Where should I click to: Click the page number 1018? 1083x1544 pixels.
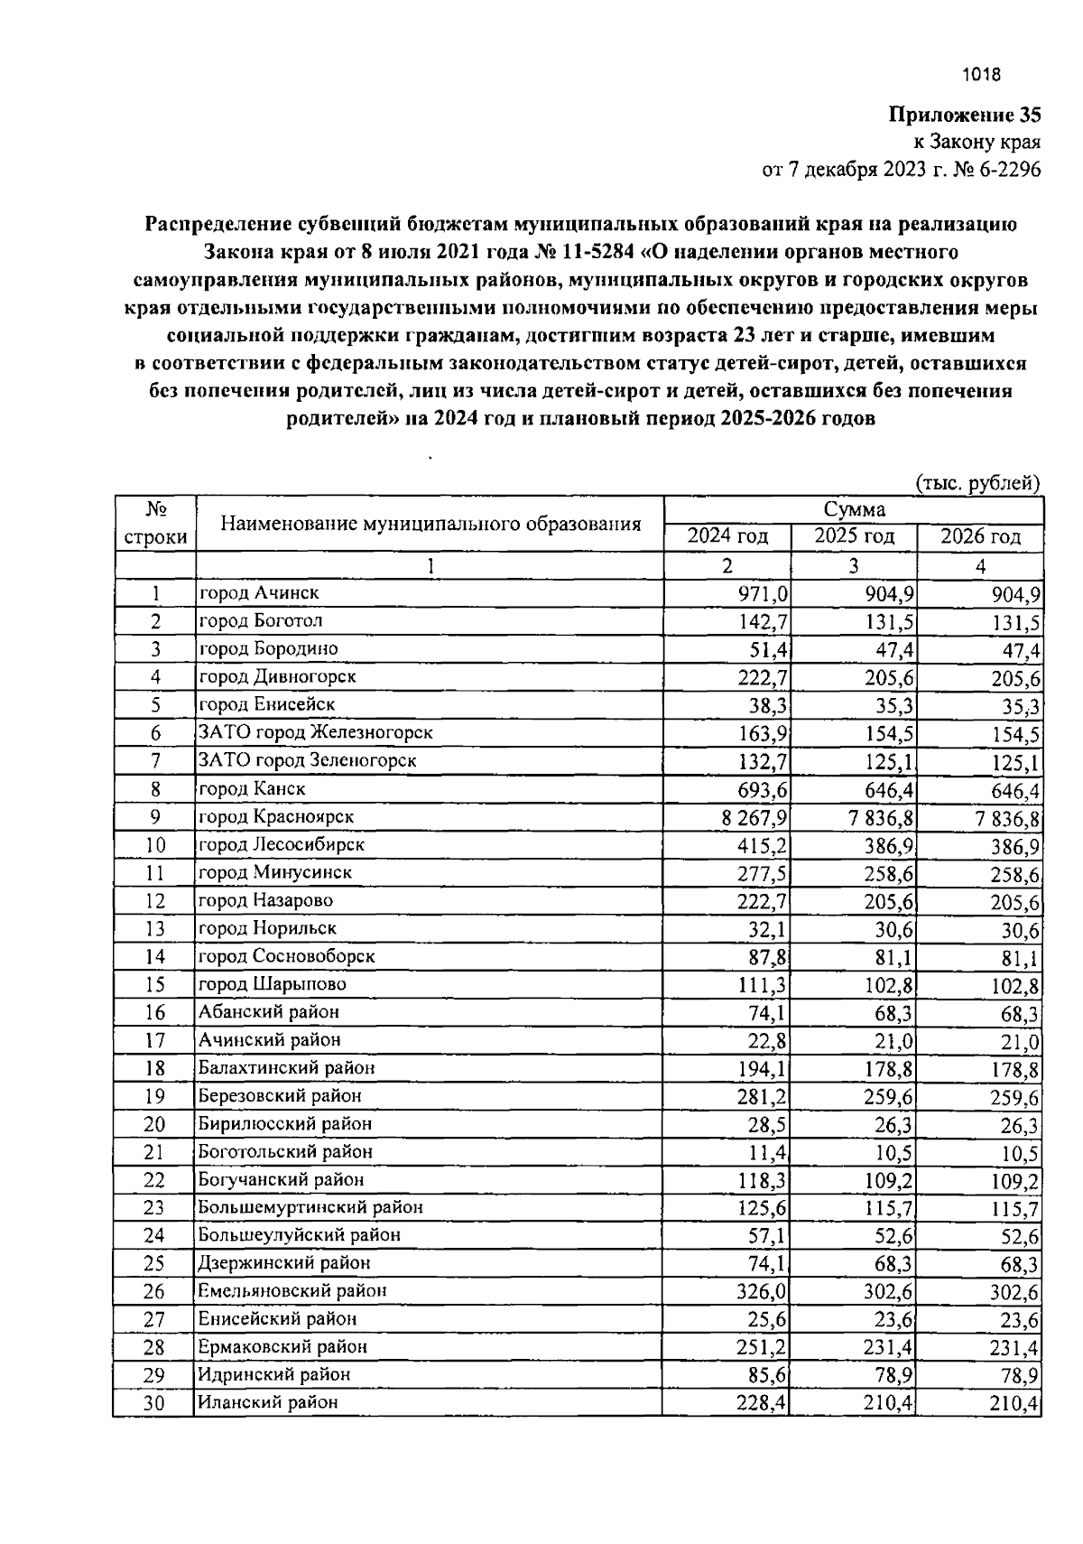982,76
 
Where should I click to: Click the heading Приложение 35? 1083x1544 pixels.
965,115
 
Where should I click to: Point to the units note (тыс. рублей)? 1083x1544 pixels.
978,483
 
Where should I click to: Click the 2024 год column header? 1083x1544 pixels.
727,536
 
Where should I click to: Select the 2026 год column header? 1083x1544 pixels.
980,536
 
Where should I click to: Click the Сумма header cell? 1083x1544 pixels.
853,509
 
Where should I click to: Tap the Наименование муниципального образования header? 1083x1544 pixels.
430,524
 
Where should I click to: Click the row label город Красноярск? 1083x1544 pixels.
276,816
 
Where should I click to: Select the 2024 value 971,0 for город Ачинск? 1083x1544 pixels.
764,593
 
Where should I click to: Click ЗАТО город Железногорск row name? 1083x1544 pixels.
315,732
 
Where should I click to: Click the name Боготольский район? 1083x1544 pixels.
285,1151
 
